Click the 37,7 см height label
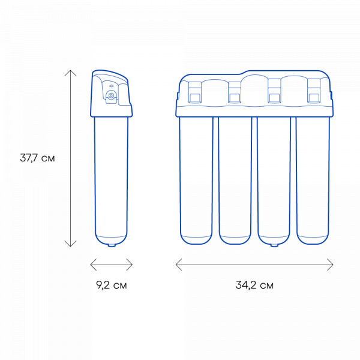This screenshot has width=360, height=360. coord(37,158)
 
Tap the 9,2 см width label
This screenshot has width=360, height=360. coord(112,285)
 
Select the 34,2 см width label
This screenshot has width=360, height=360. coord(254,285)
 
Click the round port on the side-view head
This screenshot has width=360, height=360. coord(111,95)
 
